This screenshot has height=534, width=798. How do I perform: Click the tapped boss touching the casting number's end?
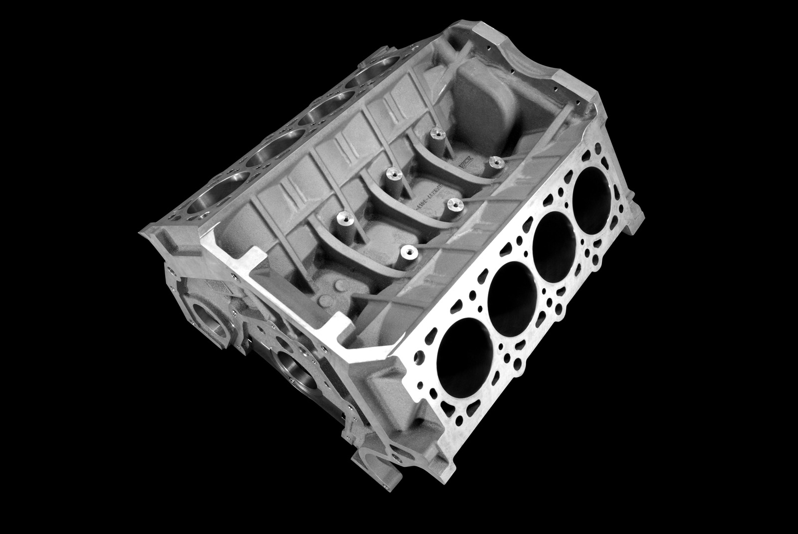coord(451,204)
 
